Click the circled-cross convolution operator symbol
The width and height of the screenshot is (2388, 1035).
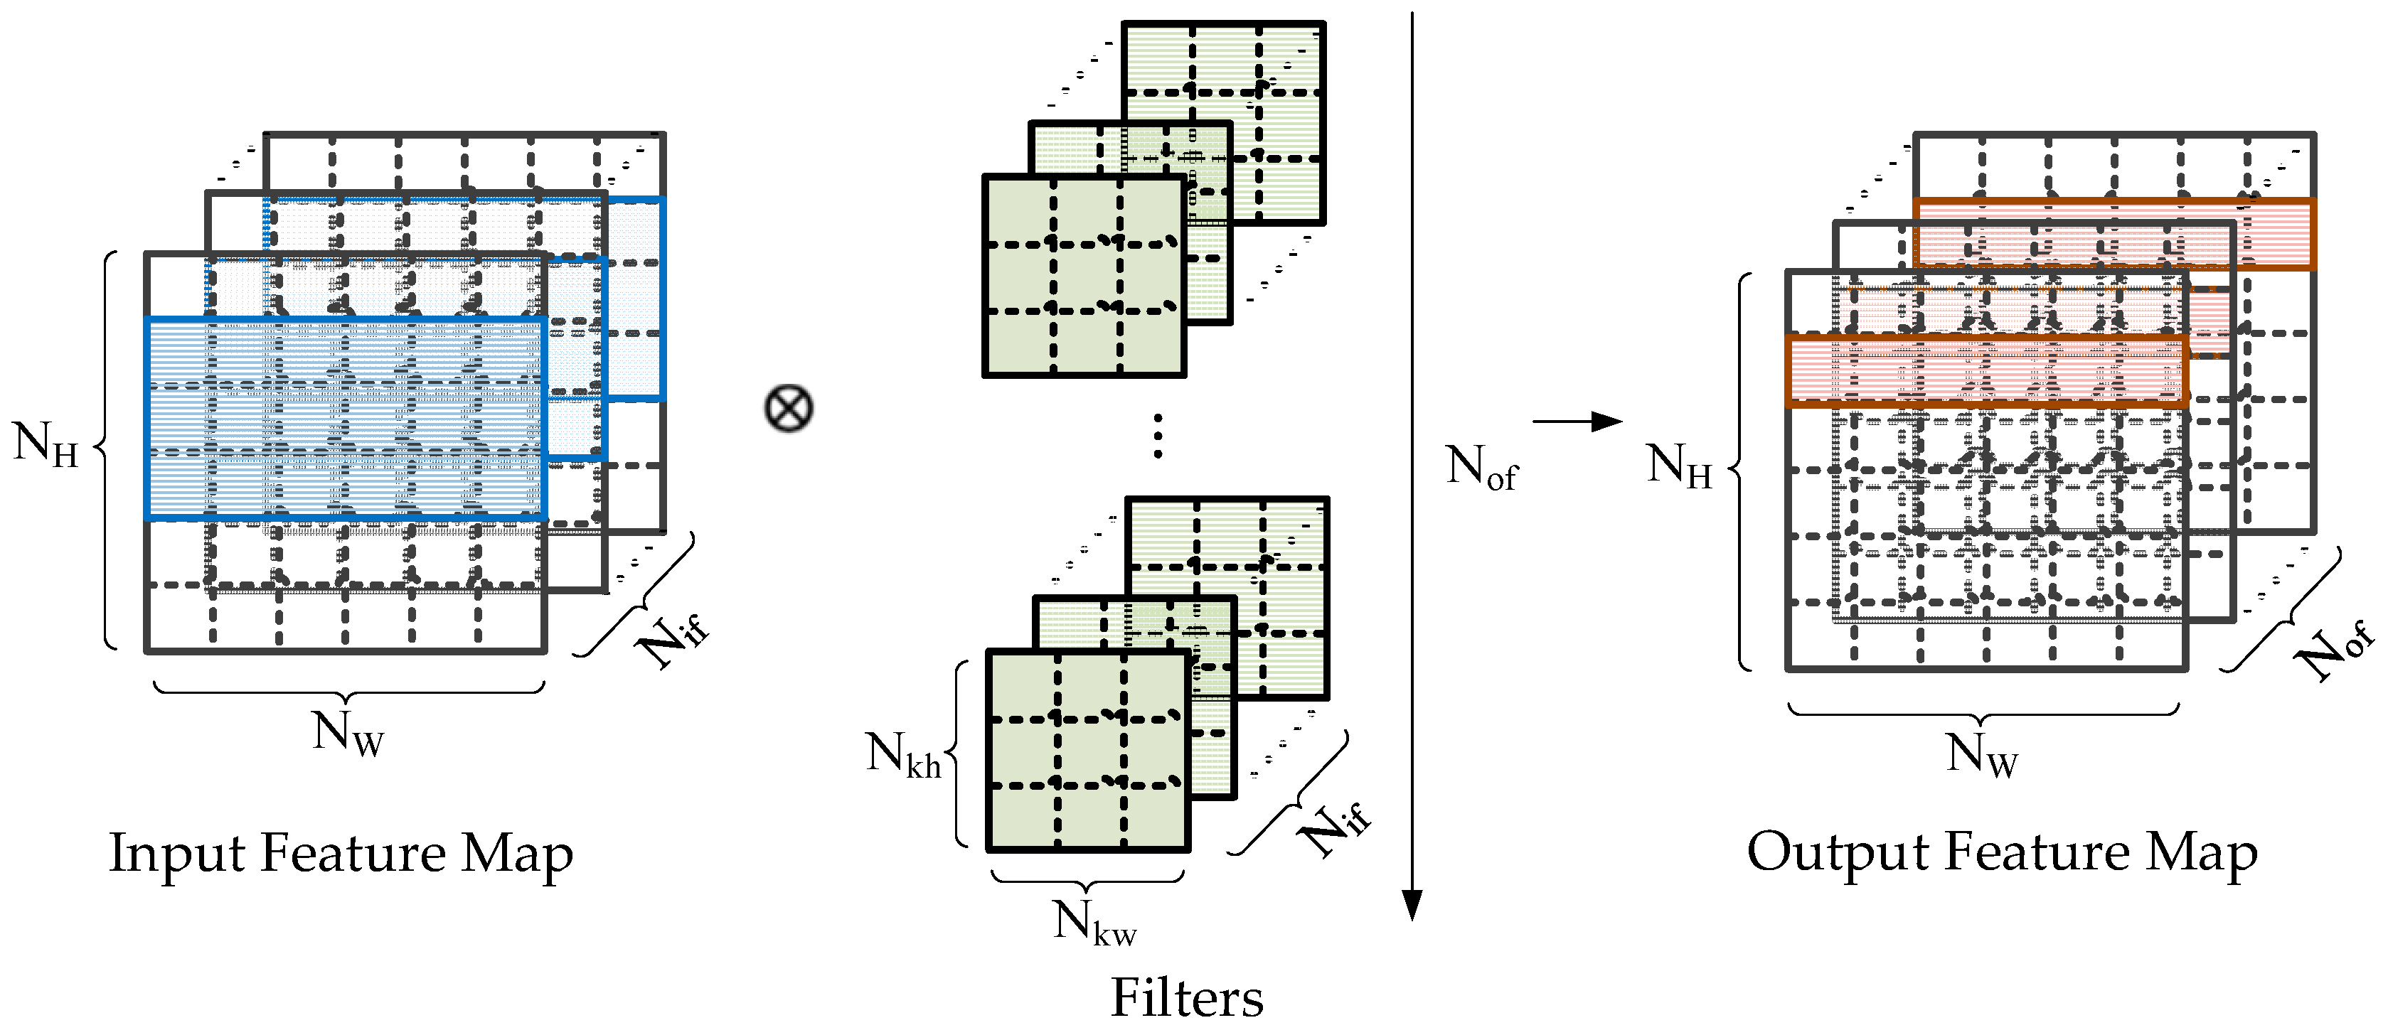(789, 409)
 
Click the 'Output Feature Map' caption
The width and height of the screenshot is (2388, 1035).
(2003, 852)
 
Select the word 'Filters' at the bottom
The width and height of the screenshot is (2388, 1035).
(1187, 998)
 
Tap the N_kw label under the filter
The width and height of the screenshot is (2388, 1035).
(1094, 923)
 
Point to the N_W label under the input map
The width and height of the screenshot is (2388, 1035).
(348, 733)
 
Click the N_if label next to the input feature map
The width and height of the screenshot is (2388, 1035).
(675, 638)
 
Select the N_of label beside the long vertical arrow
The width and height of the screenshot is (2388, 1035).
(1481, 467)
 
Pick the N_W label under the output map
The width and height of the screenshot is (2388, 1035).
(1982, 754)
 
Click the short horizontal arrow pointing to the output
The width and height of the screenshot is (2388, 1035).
(1576, 422)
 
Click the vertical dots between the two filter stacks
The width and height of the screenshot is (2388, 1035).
(1158, 436)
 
